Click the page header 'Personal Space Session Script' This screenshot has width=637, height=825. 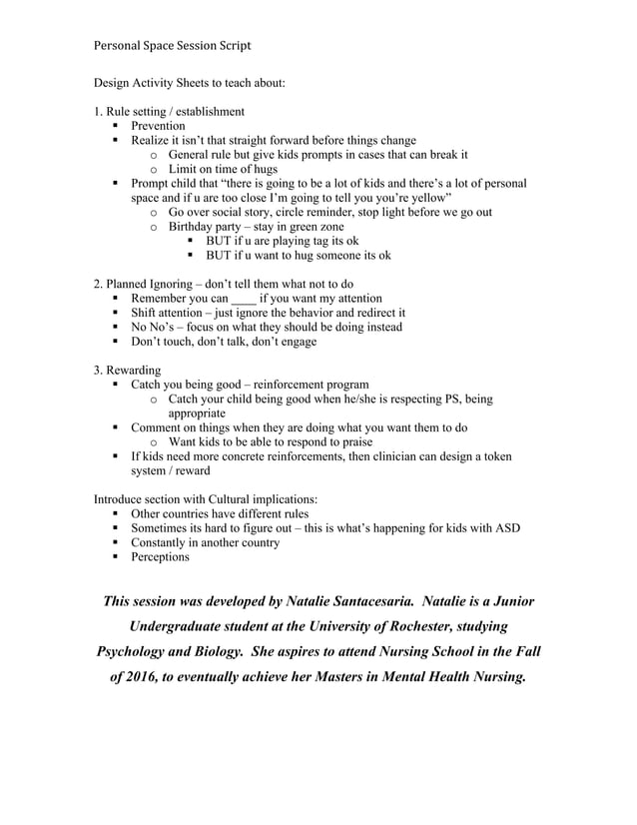pos(172,45)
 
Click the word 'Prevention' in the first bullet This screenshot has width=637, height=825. pos(158,126)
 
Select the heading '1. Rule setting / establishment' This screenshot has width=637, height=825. pos(168,111)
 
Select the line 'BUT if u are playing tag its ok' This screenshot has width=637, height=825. pos(282,241)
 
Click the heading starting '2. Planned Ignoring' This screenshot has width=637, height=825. pos(223,284)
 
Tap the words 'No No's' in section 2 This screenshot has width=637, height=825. pos(153,327)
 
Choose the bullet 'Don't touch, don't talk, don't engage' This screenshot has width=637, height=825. pos(224,341)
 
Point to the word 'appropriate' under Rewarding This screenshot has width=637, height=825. pos(197,412)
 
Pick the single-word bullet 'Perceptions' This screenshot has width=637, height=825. pos(160,556)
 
